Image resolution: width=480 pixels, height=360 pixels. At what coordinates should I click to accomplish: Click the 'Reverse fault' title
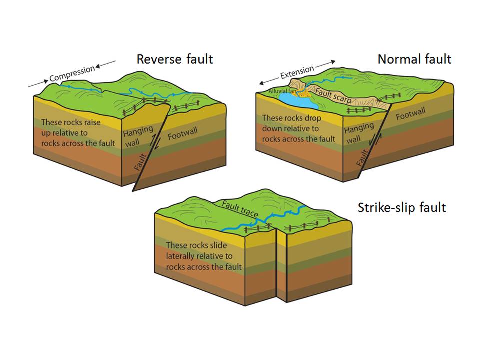175,59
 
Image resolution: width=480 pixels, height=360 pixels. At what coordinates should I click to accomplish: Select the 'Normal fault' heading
414,59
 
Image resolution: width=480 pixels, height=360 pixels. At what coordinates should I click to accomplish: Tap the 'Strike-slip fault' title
401,207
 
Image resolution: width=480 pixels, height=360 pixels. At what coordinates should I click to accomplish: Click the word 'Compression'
72,73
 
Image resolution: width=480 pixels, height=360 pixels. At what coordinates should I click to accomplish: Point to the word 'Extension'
297,73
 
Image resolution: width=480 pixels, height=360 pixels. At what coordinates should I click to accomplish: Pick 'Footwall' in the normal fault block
412,116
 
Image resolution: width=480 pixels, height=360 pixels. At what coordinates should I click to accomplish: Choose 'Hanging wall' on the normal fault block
359,133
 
